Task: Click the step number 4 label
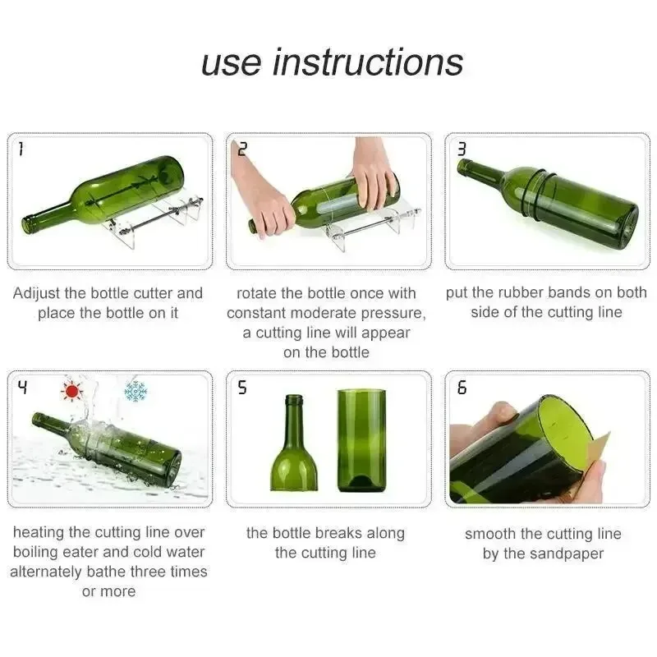[22, 386]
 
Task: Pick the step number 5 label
[241, 388]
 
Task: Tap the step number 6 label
[462, 388]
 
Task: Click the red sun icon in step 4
[74, 391]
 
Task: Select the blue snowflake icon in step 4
[135, 391]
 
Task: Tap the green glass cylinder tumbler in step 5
[361, 441]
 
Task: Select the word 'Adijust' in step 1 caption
[40, 293]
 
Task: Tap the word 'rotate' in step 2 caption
[258, 293]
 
